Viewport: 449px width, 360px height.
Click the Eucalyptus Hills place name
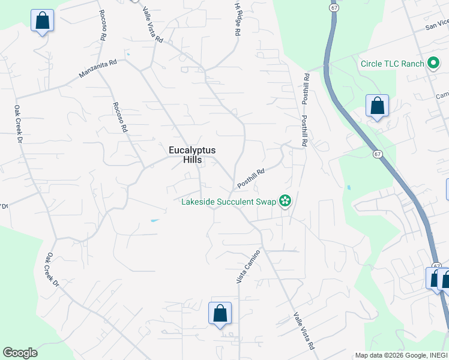click(x=192, y=155)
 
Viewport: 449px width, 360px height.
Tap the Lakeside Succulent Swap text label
click(x=229, y=202)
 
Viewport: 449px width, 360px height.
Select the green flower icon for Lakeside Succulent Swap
click(x=285, y=201)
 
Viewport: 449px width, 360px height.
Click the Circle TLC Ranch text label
click(x=392, y=64)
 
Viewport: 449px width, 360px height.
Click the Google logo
click(x=20, y=353)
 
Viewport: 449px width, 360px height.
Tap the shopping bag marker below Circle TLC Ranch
click(x=377, y=106)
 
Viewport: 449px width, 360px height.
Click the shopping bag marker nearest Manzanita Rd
click(x=43, y=20)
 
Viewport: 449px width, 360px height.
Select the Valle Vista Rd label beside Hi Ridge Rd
click(x=152, y=24)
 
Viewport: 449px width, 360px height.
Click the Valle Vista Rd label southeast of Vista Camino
click(x=304, y=331)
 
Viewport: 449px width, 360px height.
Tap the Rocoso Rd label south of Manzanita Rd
click(x=120, y=117)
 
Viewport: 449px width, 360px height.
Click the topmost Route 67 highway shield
click(x=334, y=7)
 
